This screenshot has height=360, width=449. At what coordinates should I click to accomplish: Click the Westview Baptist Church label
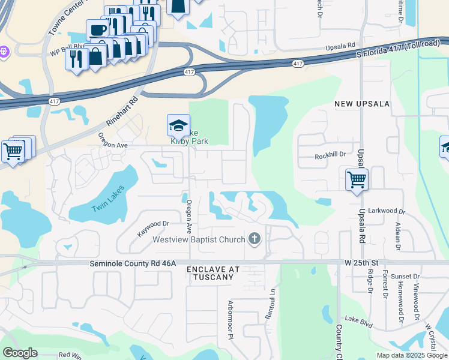(199, 240)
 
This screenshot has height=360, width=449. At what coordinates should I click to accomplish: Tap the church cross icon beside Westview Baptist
(255, 239)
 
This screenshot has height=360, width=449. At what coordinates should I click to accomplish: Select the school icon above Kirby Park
(178, 126)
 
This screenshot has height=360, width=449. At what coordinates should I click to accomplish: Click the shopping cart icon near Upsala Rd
(357, 178)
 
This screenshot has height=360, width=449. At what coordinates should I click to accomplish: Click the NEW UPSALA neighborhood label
(362, 104)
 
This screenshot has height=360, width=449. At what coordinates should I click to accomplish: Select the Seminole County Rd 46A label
(133, 263)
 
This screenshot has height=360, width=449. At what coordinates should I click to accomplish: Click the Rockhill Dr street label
(331, 155)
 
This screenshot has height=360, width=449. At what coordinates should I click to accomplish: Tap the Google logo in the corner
(20, 353)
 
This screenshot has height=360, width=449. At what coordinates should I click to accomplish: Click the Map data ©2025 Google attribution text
(412, 355)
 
